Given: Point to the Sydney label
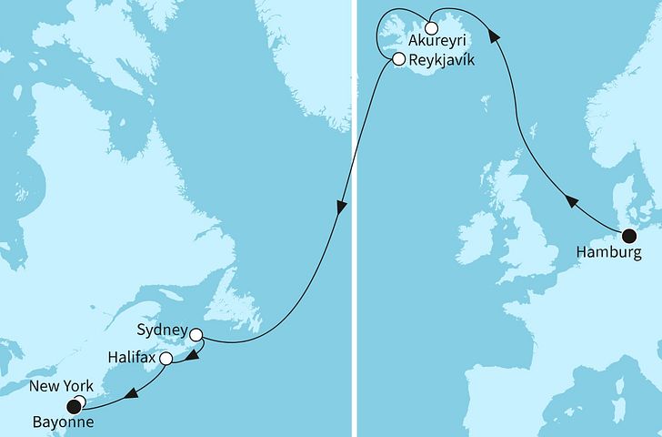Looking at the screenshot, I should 164,330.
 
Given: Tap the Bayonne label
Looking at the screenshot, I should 61,422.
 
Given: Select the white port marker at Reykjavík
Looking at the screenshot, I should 397,60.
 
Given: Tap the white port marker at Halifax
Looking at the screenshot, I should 165,359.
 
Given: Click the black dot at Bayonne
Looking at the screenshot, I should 73,407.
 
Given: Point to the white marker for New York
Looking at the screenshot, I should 80,401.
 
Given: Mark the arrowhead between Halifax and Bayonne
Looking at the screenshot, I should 131,393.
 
